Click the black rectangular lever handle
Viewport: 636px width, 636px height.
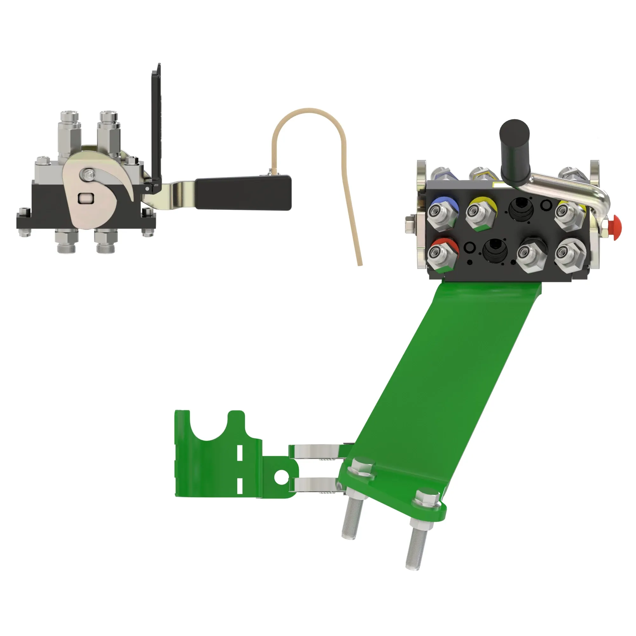(244, 193)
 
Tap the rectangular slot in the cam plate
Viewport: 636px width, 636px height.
(86, 198)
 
